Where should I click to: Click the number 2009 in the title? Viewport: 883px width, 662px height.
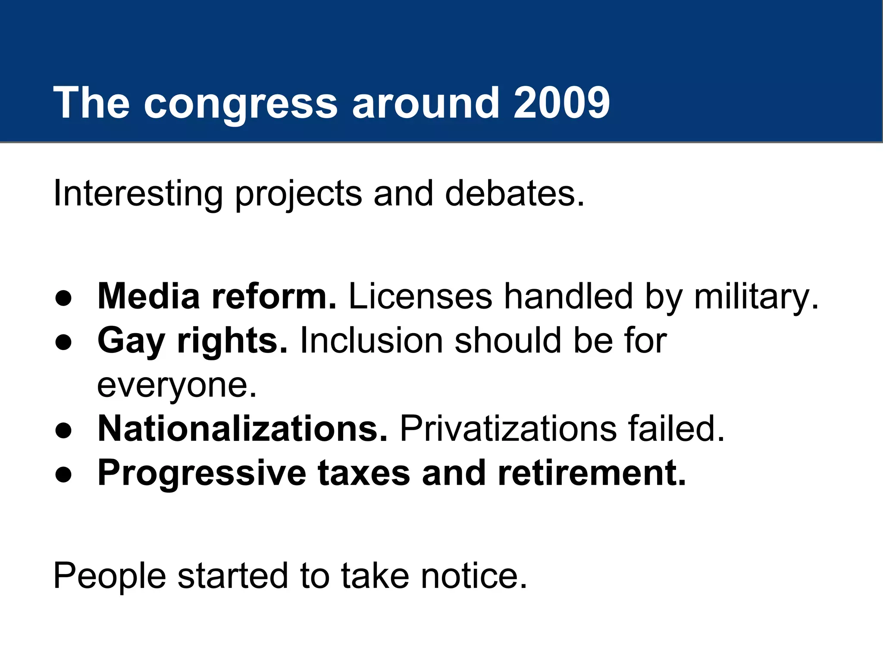coord(561,103)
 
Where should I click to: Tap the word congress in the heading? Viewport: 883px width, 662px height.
coord(240,103)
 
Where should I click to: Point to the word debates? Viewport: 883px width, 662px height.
coord(514,194)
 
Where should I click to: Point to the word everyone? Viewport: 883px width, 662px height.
coord(176,386)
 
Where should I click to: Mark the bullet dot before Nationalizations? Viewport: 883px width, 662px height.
coord(63,431)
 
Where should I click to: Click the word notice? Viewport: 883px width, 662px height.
coord(474,576)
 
